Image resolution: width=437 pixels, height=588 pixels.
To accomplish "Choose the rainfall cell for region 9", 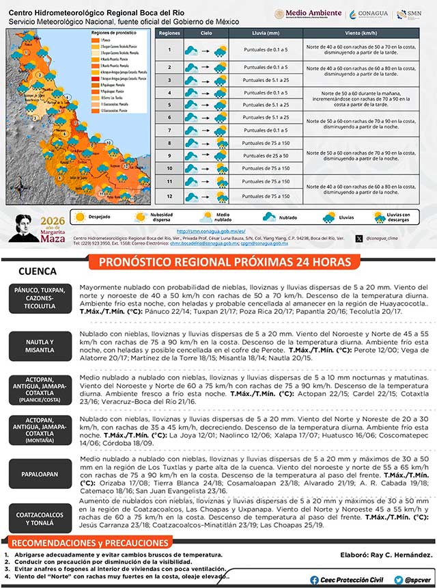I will [x=266, y=156].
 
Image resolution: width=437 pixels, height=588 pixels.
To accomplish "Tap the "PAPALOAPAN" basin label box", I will [x=40, y=472].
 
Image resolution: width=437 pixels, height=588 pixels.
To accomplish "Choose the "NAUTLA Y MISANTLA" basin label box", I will [x=40, y=346].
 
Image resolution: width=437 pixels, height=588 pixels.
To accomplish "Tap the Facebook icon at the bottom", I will [x=314, y=580].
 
